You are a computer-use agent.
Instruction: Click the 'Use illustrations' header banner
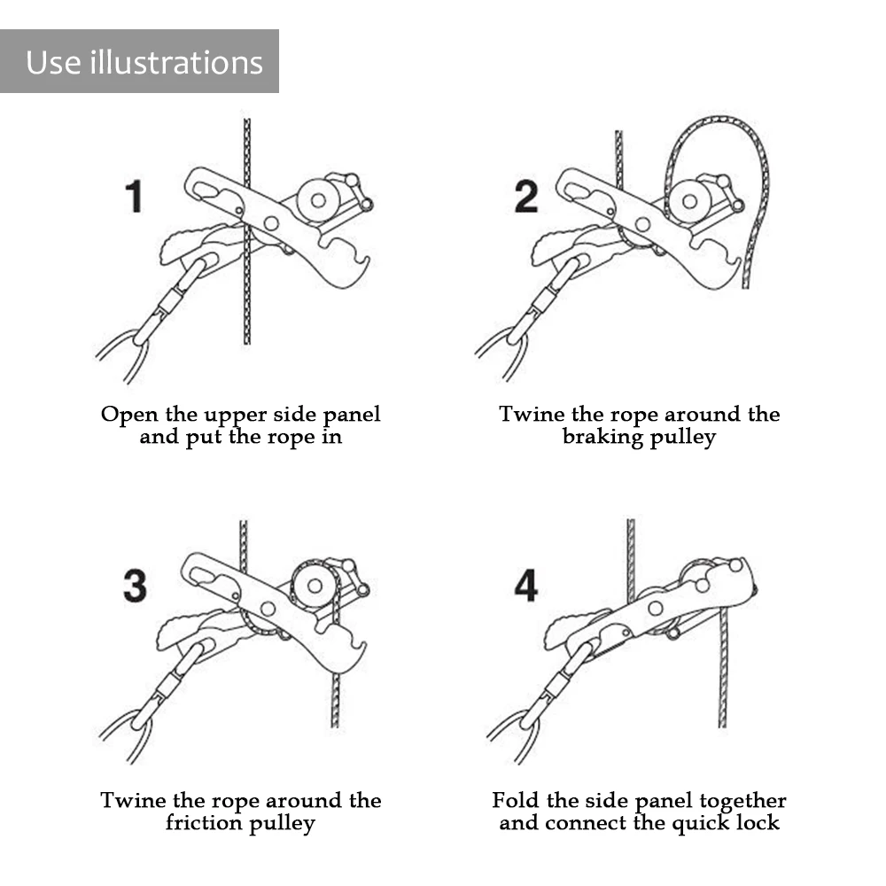pyautogui.click(x=139, y=61)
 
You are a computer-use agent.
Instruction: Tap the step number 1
pyautogui.click(x=134, y=197)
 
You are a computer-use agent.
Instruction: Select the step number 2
pyautogui.click(x=526, y=197)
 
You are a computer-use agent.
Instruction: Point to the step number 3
pyautogui.click(x=135, y=586)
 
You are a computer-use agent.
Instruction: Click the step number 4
pyautogui.click(x=526, y=586)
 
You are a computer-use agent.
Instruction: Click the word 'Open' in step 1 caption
pyautogui.click(x=129, y=416)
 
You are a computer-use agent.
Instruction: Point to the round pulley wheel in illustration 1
pyautogui.click(x=318, y=200)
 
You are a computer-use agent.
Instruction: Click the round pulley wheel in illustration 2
pyautogui.click(x=689, y=200)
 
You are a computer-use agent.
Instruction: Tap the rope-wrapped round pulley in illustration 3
pyautogui.click(x=315, y=587)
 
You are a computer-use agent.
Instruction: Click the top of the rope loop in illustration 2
pyautogui.click(x=719, y=120)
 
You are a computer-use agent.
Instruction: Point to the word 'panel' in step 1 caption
pyautogui.click(x=352, y=416)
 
